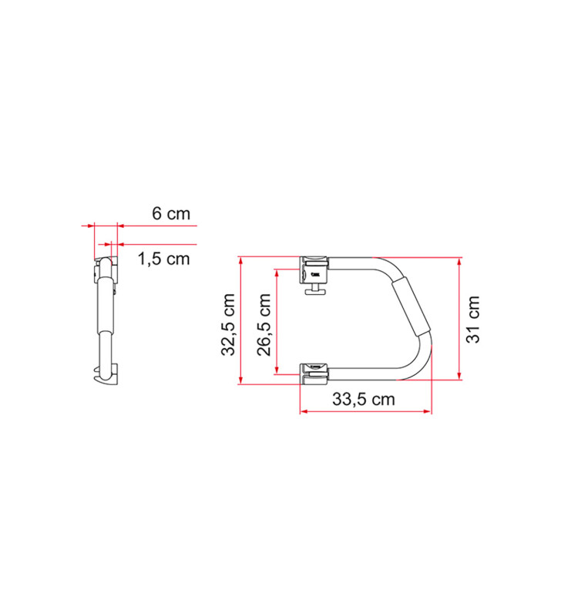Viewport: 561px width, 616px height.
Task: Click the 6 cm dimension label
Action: point(170,214)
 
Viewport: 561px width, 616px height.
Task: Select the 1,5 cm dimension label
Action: point(163,259)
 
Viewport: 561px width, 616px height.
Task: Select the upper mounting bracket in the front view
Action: point(314,269)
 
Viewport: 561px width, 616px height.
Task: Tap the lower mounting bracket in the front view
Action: point(314,372)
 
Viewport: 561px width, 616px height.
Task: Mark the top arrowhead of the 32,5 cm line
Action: point(241,259)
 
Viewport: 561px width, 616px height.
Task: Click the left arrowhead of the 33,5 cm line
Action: point(303,412)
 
